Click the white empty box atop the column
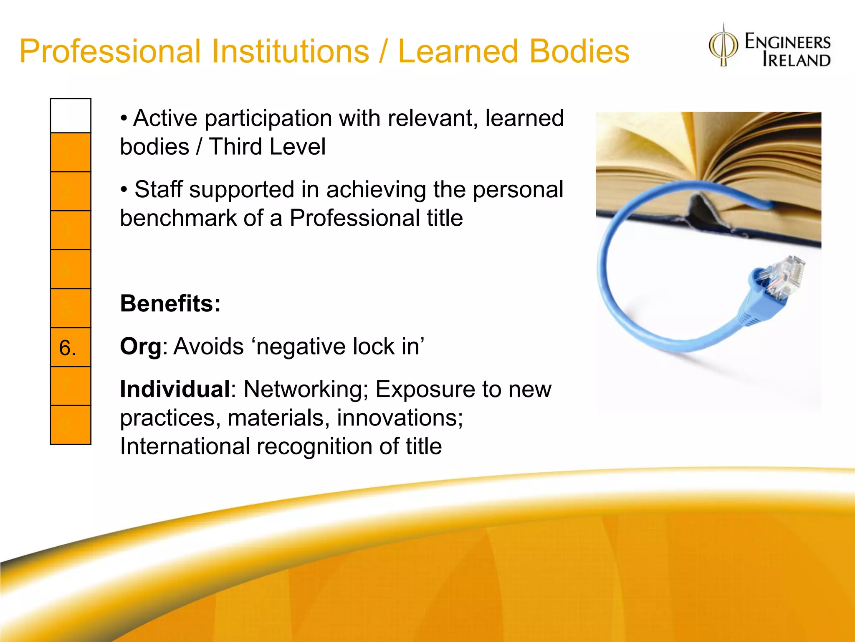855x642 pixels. click(x=71, y=116)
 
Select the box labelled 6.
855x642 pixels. click(x=71, y=347)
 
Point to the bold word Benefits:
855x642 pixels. click(x=170, y=303)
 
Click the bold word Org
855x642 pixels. click(x=140, y=347)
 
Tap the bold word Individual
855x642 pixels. click(x=175, y=389)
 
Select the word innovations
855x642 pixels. click(x=400, y=418)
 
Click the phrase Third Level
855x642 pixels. click(x=267, y=147)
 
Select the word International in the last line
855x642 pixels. click(x=185, y=446)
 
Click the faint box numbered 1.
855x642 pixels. click(x=71, y=153)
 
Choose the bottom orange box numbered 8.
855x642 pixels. click(x=71, y=425)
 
